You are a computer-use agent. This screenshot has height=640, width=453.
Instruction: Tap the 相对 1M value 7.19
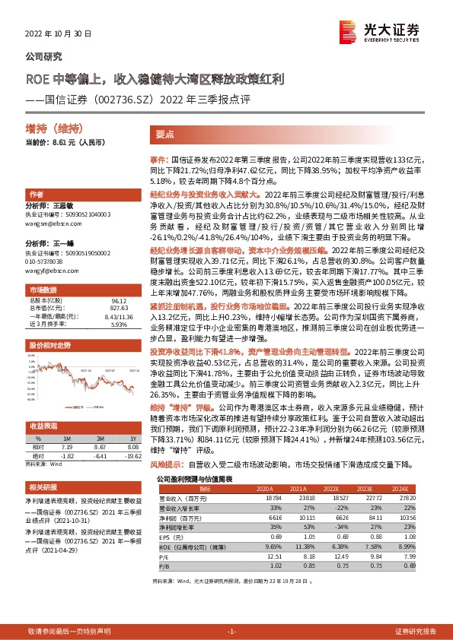point(67,447)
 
